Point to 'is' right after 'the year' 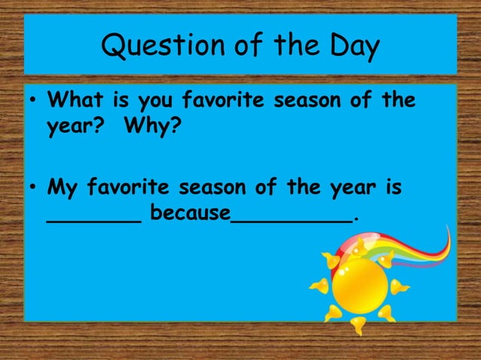coord(392,186)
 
